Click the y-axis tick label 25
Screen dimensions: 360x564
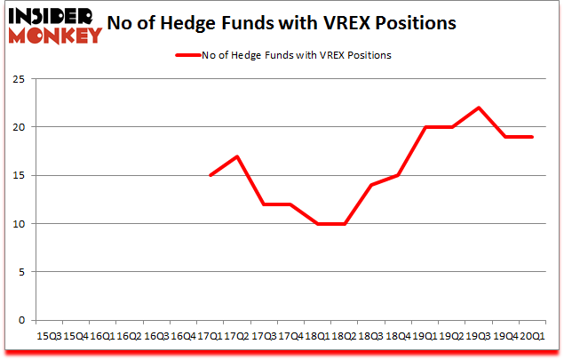click(18, 79)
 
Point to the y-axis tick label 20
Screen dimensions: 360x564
click(18, 127)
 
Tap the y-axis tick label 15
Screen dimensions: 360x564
click(18, 175)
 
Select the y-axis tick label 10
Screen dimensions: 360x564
click(18, 224)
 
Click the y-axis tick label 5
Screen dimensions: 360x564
click(20, 272)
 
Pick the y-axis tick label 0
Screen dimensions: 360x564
click(20, 320)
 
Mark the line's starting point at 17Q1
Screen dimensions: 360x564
click(209, 175)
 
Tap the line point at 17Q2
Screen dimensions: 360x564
click(235, 156)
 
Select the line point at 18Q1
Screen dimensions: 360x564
click(316, 224)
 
